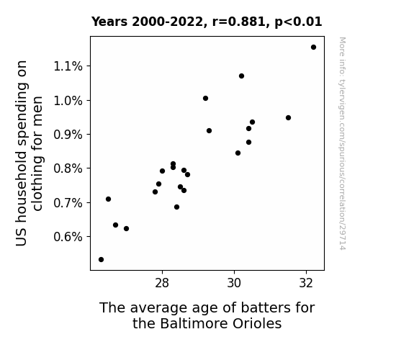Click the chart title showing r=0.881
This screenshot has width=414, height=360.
[x=207, y=22]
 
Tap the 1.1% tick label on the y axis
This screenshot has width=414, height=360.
[x=68, y=66]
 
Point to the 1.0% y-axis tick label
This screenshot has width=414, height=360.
[x=68, y=101]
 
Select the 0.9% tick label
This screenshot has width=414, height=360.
[x=68, y=135]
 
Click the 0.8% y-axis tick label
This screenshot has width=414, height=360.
[x=68, y=168]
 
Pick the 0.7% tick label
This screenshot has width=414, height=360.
[x=68, y=203]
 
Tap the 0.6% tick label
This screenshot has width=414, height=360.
[x=68, y=237]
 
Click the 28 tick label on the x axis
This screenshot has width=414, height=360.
[x=162, y=283]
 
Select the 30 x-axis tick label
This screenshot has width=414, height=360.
[x=234, y=283]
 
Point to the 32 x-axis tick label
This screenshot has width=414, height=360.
[x=306, y=283]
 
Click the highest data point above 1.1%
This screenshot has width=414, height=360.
[x=313, y=48]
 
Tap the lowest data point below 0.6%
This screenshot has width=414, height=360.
[x=101, y=260]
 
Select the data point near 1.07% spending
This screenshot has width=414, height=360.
[x=242, y=76]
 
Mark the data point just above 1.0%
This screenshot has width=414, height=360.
[x=205, y=98]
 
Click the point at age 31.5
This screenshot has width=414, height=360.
[x=288, y=118]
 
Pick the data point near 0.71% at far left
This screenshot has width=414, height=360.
[x=108, y=199]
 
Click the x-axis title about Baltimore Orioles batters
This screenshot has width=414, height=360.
[x=207, y=315]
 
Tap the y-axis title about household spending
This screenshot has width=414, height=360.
[x=29, y=153]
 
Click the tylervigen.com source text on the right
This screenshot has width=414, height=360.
[x=342, y=143]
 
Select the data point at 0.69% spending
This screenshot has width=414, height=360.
[x=176, y=207]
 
